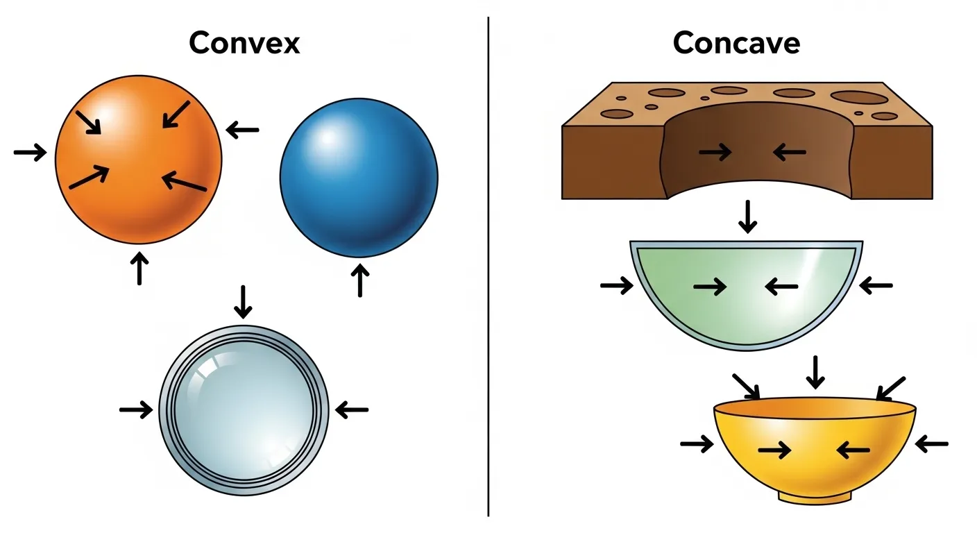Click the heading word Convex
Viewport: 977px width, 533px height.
[244, 43]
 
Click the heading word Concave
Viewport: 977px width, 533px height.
[736, 43]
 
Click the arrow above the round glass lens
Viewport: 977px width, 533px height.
[241, 301]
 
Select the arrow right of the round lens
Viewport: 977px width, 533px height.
[352, 410]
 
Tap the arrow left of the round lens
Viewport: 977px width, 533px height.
[136, 410]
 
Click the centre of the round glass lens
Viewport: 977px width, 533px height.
[243, 411]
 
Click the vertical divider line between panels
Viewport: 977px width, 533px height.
[488, 266]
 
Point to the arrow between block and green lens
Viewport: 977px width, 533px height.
[747, 216]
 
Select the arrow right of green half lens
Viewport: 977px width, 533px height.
[876, 285]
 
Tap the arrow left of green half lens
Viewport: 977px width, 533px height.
[617, 285]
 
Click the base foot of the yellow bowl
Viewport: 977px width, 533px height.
[815, 496]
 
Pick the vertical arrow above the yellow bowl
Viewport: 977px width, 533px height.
[816, 372]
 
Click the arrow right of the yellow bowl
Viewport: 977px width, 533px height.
[932, 443]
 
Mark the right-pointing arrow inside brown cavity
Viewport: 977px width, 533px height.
[715, 151]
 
